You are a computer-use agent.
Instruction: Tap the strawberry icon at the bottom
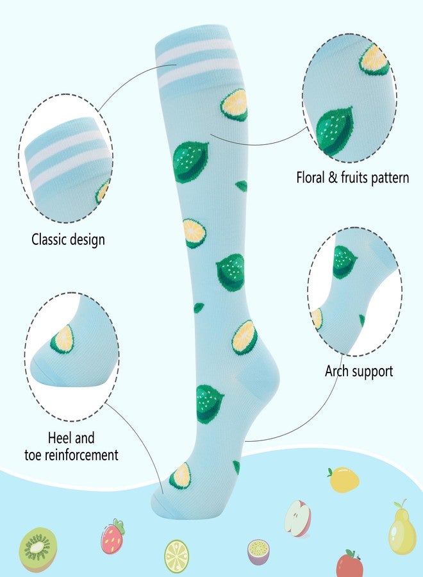pyautogui.click(x=113, y=536)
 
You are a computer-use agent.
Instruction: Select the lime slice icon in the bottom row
pyautogui.click(x=176, y=556)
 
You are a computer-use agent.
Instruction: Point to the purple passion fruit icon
pyautogui.click(x=258, y=551)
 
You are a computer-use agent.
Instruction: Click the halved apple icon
pyautogui.click(x=298, y=518)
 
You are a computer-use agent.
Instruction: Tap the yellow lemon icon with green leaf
pyautogui.click(x=343, y=480)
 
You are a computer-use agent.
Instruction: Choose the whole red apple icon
pyautogui.click(x=349, y=563)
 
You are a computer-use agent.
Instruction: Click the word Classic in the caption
pyautogui.click(x=49, y=239)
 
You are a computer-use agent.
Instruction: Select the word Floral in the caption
pyautogui.click(x=311, y=178)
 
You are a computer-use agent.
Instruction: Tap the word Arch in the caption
pyautogui.click(x=336, y=371)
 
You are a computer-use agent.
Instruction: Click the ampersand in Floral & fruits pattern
pyautogui.click(x=333, y=178)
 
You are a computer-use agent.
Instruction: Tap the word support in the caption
pyautogui.click(x=372, y=372)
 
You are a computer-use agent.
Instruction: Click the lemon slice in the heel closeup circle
pyautogui.click(x=62, y=339)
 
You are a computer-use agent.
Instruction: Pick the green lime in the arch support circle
pyautogui.click(x=344, y=262)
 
